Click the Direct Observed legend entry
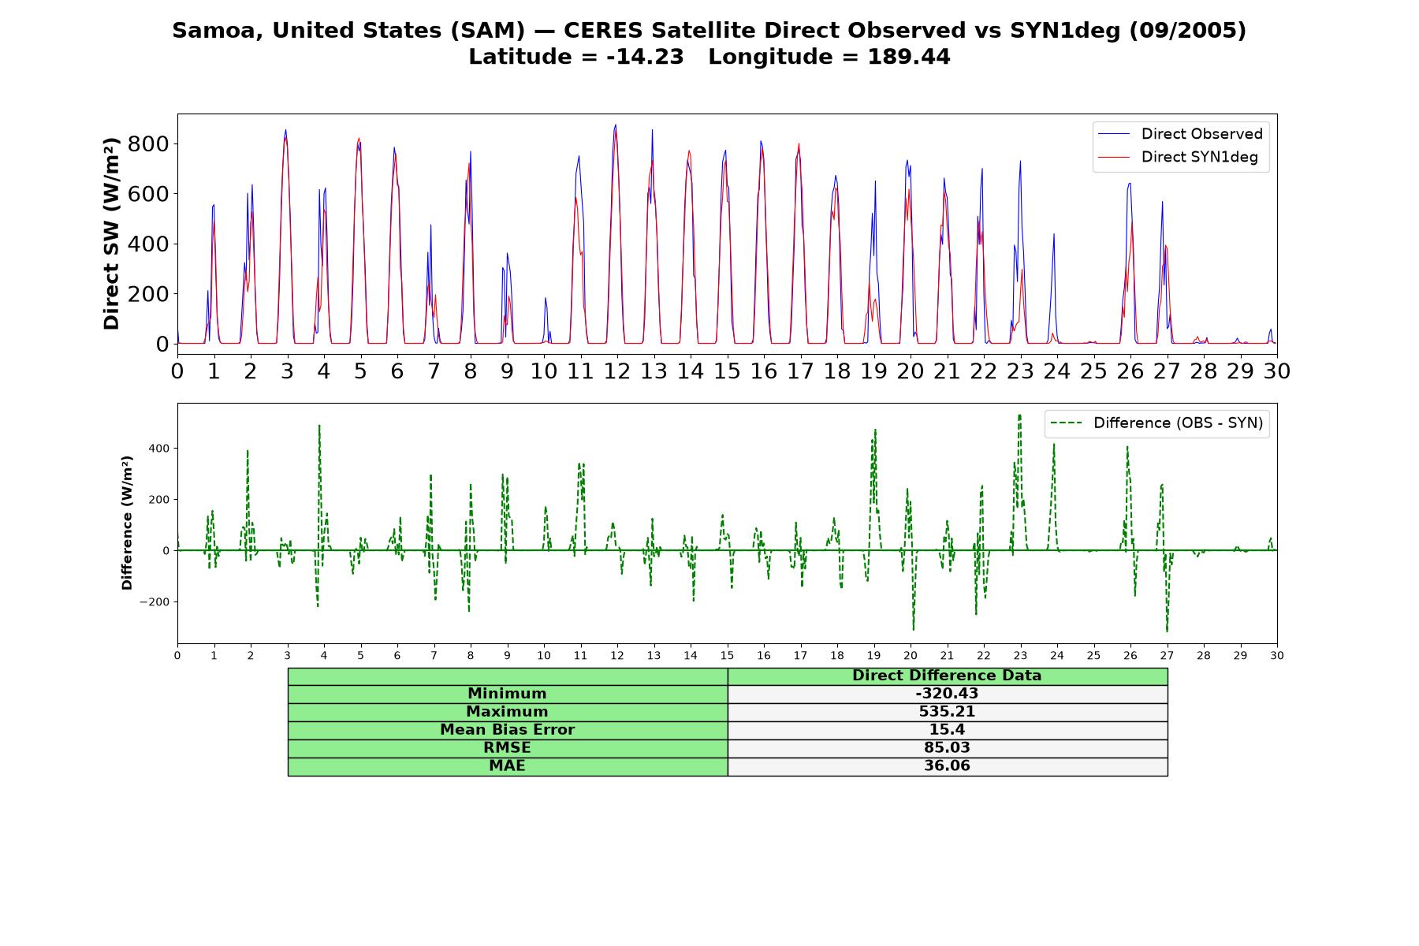pyautogui.click(x=1180, y=134)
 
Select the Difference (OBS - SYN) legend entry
pyautogui.click(x=1156, y=423)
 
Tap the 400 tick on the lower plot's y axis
pyautogui.click(x=158, y=449)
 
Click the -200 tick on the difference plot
pyautogui.click(x=155, y=602)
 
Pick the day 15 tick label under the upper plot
pyautogui.click(x=727, y=371)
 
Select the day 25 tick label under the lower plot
pyautogui.click(x=1093, y=655)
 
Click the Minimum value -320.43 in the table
pyautogui.click(x=947, y=694)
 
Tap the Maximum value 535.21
pyautogui.click(x=947, y=712)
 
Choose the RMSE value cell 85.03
pyautogui.click(x=947, y=748)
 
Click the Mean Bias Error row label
pyautogui.click(x=507, y=730)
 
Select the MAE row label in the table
pyautogui.click(x=507, y=766)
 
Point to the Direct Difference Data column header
pyautogui.click(x=947, y=676)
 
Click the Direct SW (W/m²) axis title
pyautogui.click(x=111, y=233)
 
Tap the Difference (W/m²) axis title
pyautogui.click(x=127, y=523)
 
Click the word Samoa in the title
pyautogui.click(x=208, y=31)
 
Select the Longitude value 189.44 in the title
pyautogui.click(x=909, y=57)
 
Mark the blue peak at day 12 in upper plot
pyautogui.click(x=615, y=125)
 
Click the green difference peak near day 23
pyautogui.click(x=1019, y=415)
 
